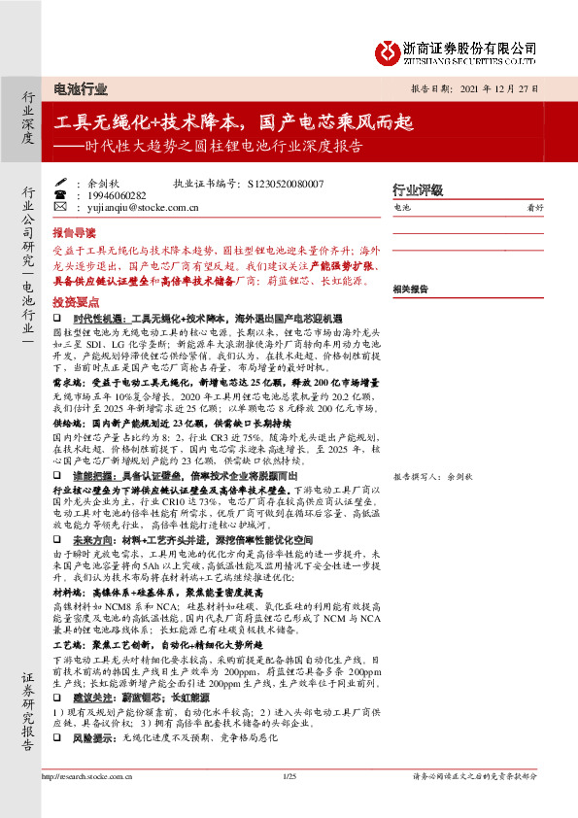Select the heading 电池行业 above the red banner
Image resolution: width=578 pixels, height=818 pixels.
[x=82, y=89]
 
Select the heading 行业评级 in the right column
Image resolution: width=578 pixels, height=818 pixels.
[x=417, y=189]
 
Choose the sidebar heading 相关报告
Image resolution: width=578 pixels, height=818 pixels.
[x=412, y=289]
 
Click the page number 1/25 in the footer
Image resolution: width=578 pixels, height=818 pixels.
[x=289, y=775]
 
